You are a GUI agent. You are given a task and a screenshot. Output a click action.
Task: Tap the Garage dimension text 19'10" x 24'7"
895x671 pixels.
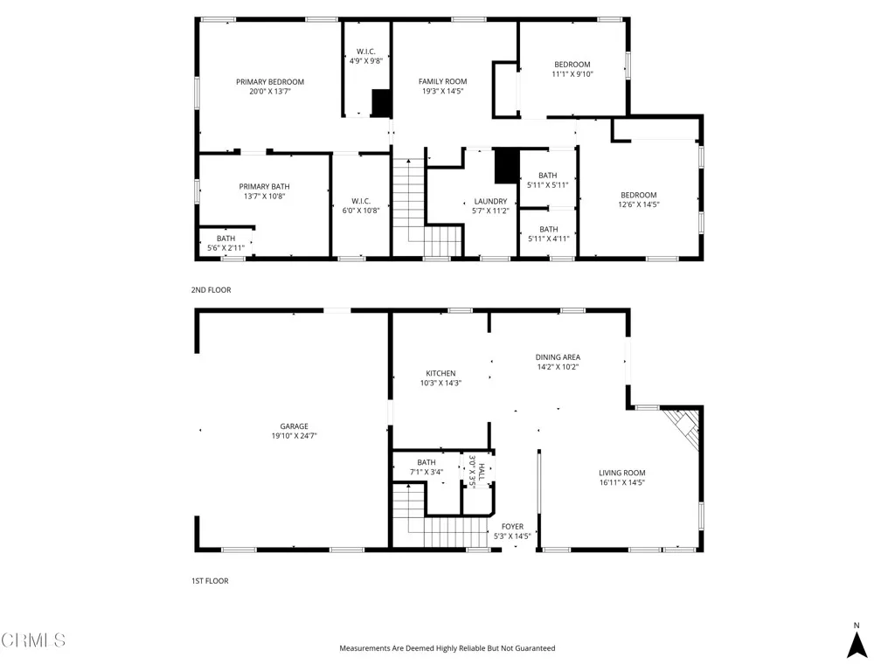(294, 436)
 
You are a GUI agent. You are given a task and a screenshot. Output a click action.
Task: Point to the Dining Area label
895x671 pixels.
(558, 356)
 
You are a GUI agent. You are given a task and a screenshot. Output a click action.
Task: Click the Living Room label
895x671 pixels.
(622, 473)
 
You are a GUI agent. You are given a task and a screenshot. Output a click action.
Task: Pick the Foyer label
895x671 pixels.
(512, 527)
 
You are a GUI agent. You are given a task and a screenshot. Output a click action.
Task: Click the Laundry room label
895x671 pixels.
(490, 201)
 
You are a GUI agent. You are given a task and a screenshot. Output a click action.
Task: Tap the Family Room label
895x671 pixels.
(443, 81)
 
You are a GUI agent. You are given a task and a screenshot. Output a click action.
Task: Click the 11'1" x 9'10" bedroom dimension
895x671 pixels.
(572, 74)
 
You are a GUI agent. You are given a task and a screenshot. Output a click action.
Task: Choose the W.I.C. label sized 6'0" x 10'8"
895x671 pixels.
(361, 201)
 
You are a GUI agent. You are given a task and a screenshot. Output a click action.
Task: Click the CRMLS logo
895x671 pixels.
(33, 640)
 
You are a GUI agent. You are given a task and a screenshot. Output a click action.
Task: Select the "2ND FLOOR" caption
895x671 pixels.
(211, 289)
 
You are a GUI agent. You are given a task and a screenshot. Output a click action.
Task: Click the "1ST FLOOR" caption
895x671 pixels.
(210, 580)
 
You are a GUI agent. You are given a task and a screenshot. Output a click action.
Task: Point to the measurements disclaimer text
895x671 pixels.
(447, 648)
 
